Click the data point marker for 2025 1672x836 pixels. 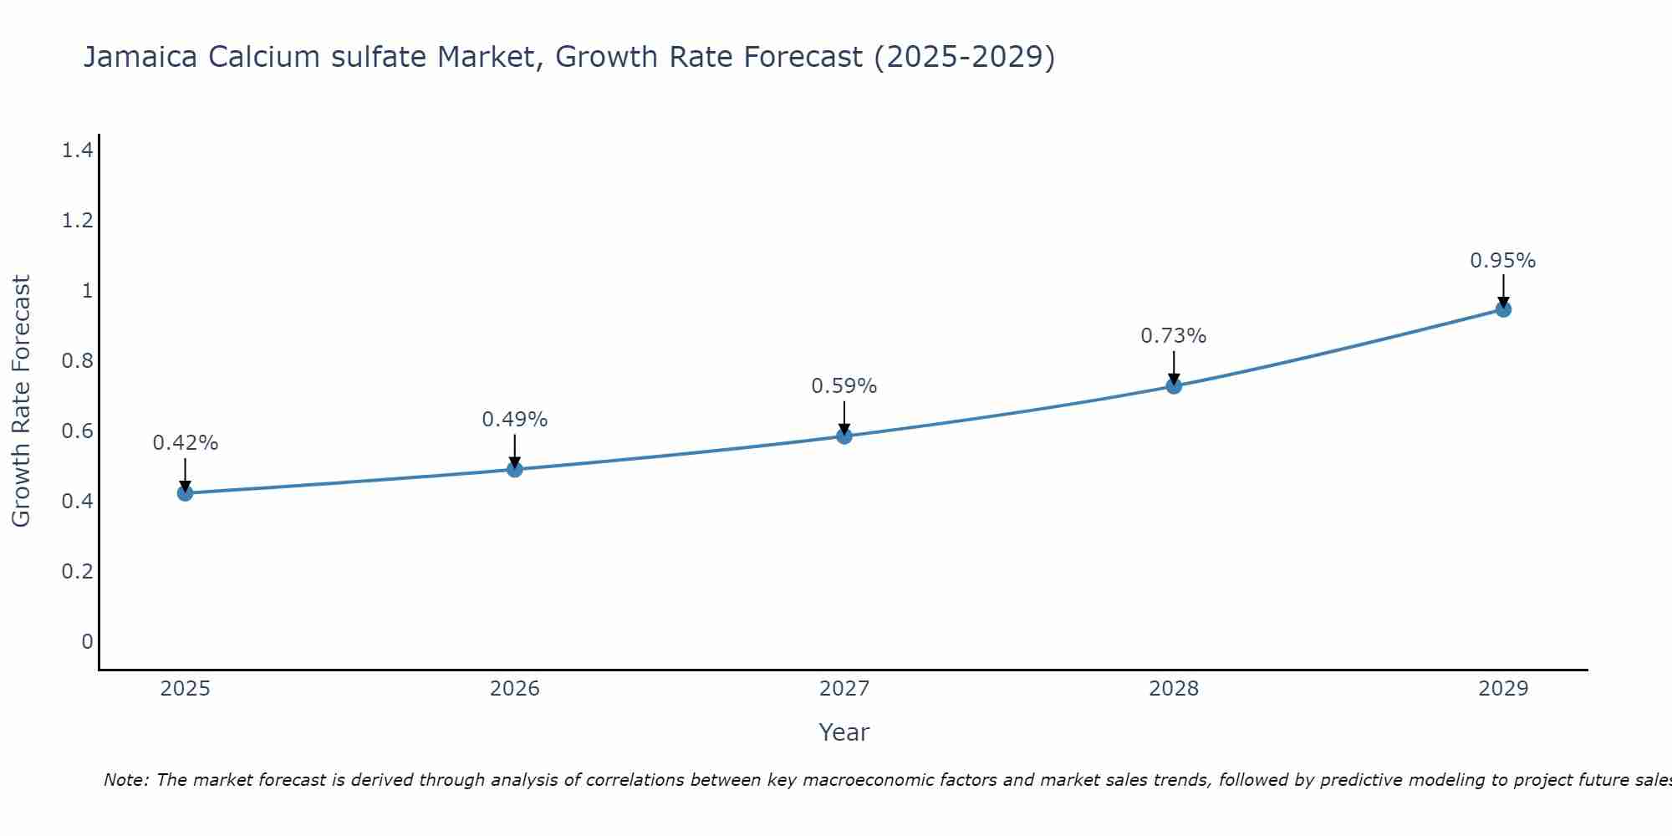click(x=185, y=493)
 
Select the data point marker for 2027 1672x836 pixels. click(x=844, y=436)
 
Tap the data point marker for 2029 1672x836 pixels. click(x=1502, y=309)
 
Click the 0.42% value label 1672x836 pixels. click(x=185, y=443)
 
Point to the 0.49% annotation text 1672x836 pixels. click(x=514, y=420)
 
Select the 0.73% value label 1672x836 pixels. click(x=1173, y=336)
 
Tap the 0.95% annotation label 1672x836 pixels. click(x=1502, y=261)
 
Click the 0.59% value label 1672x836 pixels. click(x=844, y=386)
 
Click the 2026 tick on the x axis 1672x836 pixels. click(x=514, y=689)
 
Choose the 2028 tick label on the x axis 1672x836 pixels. click(x=1173, y=689)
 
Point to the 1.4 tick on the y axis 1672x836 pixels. click(x=77, y=150)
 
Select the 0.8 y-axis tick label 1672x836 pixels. click(x=77, y=361)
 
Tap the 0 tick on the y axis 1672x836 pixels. click(x=87, y=642)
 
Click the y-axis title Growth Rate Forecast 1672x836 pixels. click(x=21, y=401)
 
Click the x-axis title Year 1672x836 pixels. click(x=844, y=732)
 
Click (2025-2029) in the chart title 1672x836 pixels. click(x=964, y=57)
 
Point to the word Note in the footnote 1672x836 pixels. click(x=125, y=780)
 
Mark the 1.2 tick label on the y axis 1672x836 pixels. click(x=77, y=221)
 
